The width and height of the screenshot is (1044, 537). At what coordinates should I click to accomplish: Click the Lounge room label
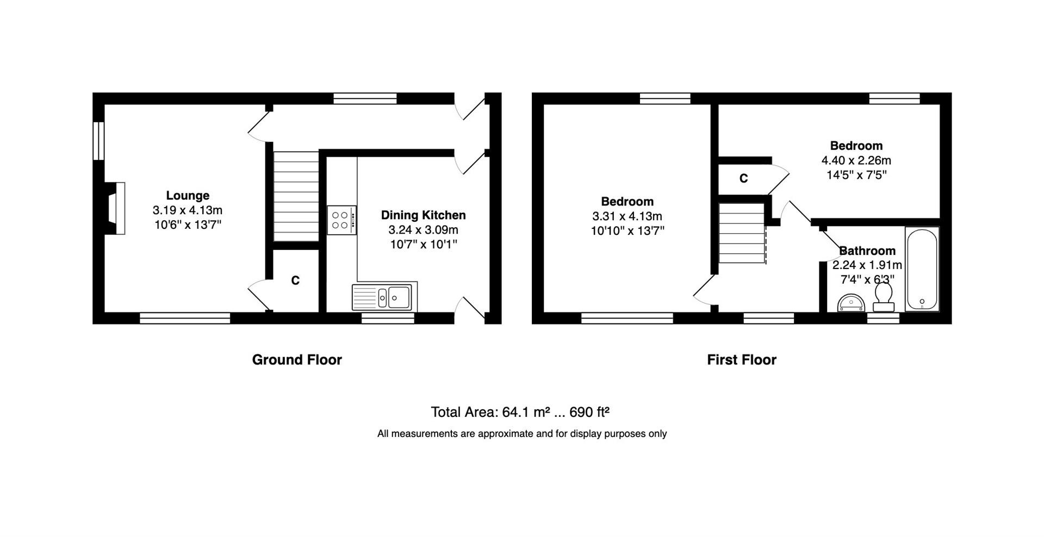(188, 195)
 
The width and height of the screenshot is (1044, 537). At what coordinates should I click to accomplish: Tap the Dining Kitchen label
(423, 215)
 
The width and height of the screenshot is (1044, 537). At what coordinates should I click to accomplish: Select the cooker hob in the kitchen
(341, 220)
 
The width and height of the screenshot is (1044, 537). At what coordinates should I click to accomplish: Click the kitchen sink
(384, 297)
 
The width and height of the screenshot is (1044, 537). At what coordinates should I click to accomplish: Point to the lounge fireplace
(115, 209)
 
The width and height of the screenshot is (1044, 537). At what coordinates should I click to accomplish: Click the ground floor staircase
(296, 197)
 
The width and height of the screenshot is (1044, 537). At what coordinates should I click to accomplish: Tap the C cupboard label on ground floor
(295, 280)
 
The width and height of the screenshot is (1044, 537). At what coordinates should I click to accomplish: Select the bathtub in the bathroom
(922, 269)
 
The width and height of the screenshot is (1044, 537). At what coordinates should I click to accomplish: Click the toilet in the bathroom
(884, 298)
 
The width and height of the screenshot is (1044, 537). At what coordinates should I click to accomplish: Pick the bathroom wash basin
(851, 302)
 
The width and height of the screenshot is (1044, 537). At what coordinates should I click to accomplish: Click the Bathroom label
(867, 251)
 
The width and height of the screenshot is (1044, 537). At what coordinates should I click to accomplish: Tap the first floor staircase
(742, 233)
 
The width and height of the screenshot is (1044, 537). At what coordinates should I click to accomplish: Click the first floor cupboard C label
(743, 178)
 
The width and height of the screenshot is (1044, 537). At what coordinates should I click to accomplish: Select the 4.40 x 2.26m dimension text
(856, 160)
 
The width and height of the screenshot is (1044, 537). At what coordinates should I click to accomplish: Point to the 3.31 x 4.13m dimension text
(627, 216)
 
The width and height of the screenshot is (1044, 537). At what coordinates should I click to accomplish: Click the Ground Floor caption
(297, 360)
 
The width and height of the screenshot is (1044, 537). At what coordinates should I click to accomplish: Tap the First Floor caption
(742, 360)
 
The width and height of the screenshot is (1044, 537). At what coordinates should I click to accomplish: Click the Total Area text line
(520, 413)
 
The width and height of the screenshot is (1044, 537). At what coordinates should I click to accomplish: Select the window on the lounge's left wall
(98, 141)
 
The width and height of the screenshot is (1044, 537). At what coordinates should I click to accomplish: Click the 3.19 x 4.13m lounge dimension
(188, 210)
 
